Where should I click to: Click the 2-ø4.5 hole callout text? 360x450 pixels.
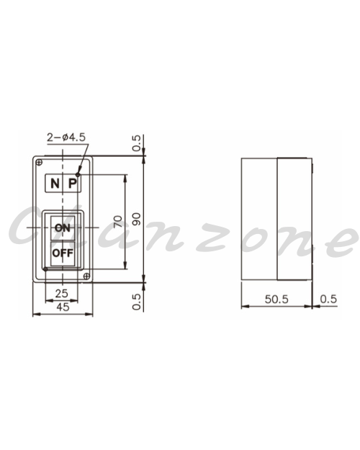[66, 138]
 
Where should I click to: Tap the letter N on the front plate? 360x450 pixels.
[55, 183]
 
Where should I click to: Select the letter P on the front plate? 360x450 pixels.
[73, 183]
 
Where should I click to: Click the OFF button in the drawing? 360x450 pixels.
[63, 253]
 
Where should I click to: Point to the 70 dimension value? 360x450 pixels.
[118, 222]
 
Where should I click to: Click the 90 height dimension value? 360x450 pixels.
[137, 219]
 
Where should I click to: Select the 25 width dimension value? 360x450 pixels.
[62, 293]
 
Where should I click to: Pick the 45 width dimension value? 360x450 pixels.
[63, 307]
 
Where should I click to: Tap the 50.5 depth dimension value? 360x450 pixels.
[276, 299]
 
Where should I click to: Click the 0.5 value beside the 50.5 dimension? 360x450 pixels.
[328, 299]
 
